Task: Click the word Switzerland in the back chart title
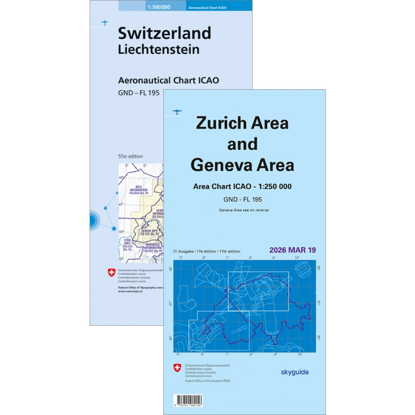click(x=164, y=33)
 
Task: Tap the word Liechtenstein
click(x=159, y=50)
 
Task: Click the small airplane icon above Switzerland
click(x=105, y=23)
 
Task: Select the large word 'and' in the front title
click(x=242, y=144)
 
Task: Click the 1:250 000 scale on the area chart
click(x=265, y=187)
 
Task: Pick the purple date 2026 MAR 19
click(x=292, y=250)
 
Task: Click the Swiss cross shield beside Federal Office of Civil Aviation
click(x=177, y=368)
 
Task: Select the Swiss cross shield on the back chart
click(x=110, y=273)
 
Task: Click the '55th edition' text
click(x=130, y=156)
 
